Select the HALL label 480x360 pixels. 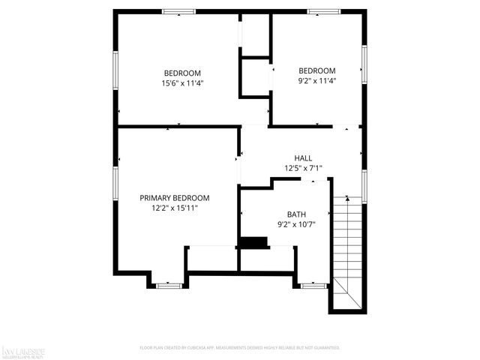pos(303,158)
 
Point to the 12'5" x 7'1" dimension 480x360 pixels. pos(303,168)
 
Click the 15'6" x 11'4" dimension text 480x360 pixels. pos(183,82)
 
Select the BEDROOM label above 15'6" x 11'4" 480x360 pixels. pos(183,73)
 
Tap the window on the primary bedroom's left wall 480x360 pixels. pos(115,183)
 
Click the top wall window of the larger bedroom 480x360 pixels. pos(179,11)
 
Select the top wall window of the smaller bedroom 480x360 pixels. pos(323,11)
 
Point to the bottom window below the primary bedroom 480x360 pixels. pos(169,285)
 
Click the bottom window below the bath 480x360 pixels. pos(313,285)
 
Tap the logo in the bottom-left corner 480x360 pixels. pos(24,351)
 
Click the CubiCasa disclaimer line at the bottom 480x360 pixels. pos(240,348)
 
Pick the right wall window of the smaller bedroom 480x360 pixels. pos(364,64)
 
